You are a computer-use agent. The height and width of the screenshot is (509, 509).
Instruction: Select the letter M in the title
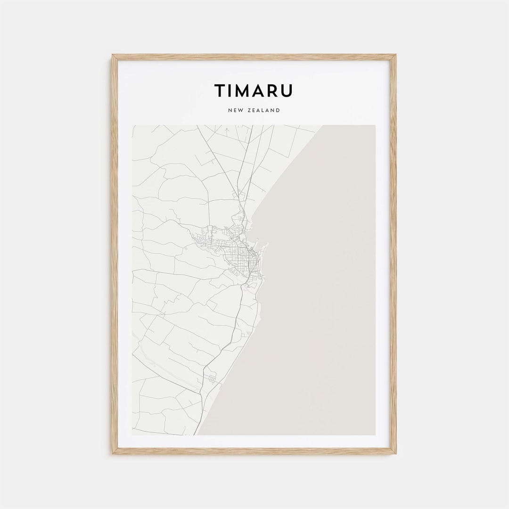pos(244,91)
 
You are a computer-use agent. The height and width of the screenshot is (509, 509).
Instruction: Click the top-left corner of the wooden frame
pos(112,55)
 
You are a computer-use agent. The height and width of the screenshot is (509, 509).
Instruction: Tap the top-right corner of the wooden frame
pos(396,55)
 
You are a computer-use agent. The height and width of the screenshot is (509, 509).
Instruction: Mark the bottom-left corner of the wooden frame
pos(112,454)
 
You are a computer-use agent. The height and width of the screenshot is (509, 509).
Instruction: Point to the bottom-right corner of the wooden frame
pos(396,454)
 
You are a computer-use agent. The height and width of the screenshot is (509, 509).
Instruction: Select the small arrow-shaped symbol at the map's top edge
pos(227,128)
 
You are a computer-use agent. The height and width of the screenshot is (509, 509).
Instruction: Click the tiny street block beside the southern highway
pos(212,378)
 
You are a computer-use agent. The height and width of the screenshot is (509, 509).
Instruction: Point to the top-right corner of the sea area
pos(375,126)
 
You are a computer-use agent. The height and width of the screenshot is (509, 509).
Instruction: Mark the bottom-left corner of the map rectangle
pos(133,435)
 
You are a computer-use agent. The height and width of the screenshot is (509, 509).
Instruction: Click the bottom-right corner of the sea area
pos(375,435)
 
